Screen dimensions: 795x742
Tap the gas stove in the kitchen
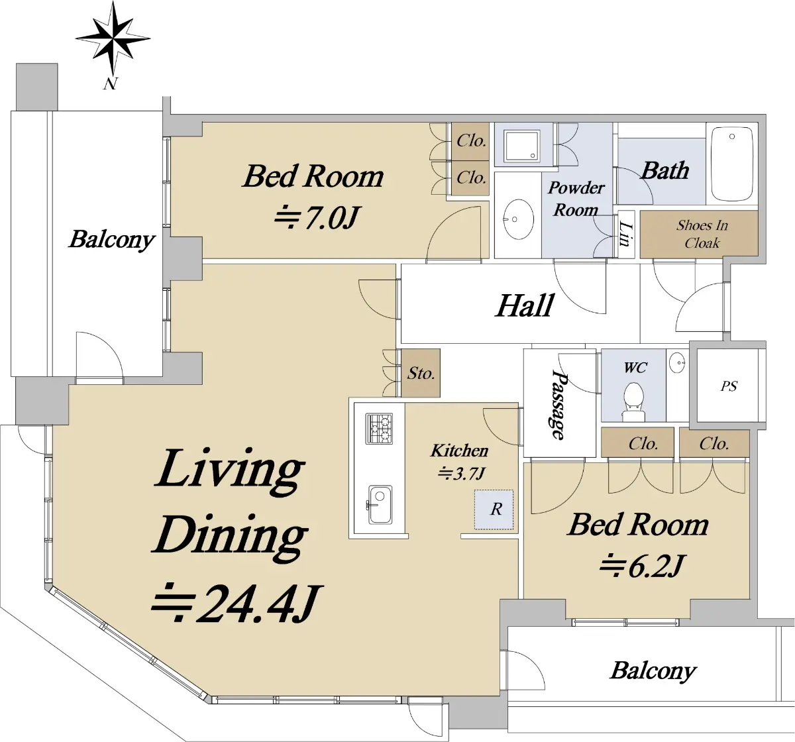pos(379,429)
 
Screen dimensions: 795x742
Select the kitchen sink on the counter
pos(380,505)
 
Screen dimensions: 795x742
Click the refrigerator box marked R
pos(494,509)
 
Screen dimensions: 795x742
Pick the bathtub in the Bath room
pos(732,164)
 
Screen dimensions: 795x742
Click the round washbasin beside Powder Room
pos(518,219)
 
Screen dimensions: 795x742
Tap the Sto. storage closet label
pos(421,373)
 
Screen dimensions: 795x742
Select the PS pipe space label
pos(729,386)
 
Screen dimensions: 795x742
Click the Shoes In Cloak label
pos(702,234)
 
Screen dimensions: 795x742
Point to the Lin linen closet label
pos(626,234)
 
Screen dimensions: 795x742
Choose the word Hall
pos(525,305)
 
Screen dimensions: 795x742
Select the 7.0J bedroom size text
pos(315,218)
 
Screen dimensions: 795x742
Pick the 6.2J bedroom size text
pos(640,566)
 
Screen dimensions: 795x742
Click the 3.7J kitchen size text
pos(461,474)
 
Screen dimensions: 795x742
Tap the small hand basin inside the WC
pos(677,362)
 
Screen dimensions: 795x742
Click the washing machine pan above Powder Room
pos(521,145)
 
